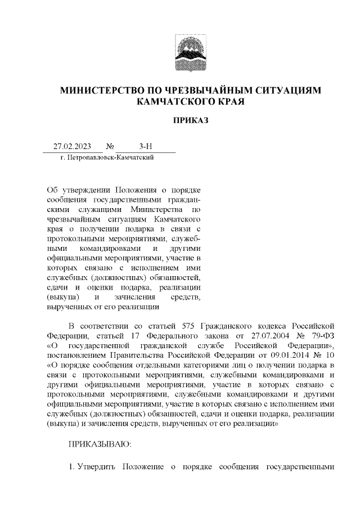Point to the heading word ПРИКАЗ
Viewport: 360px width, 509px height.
(x=180, y=120)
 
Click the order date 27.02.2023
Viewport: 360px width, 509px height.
(x=72, y=147)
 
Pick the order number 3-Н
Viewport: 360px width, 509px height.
(x=145, y=147)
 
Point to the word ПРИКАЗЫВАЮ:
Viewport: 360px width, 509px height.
(x=99, y=444)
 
